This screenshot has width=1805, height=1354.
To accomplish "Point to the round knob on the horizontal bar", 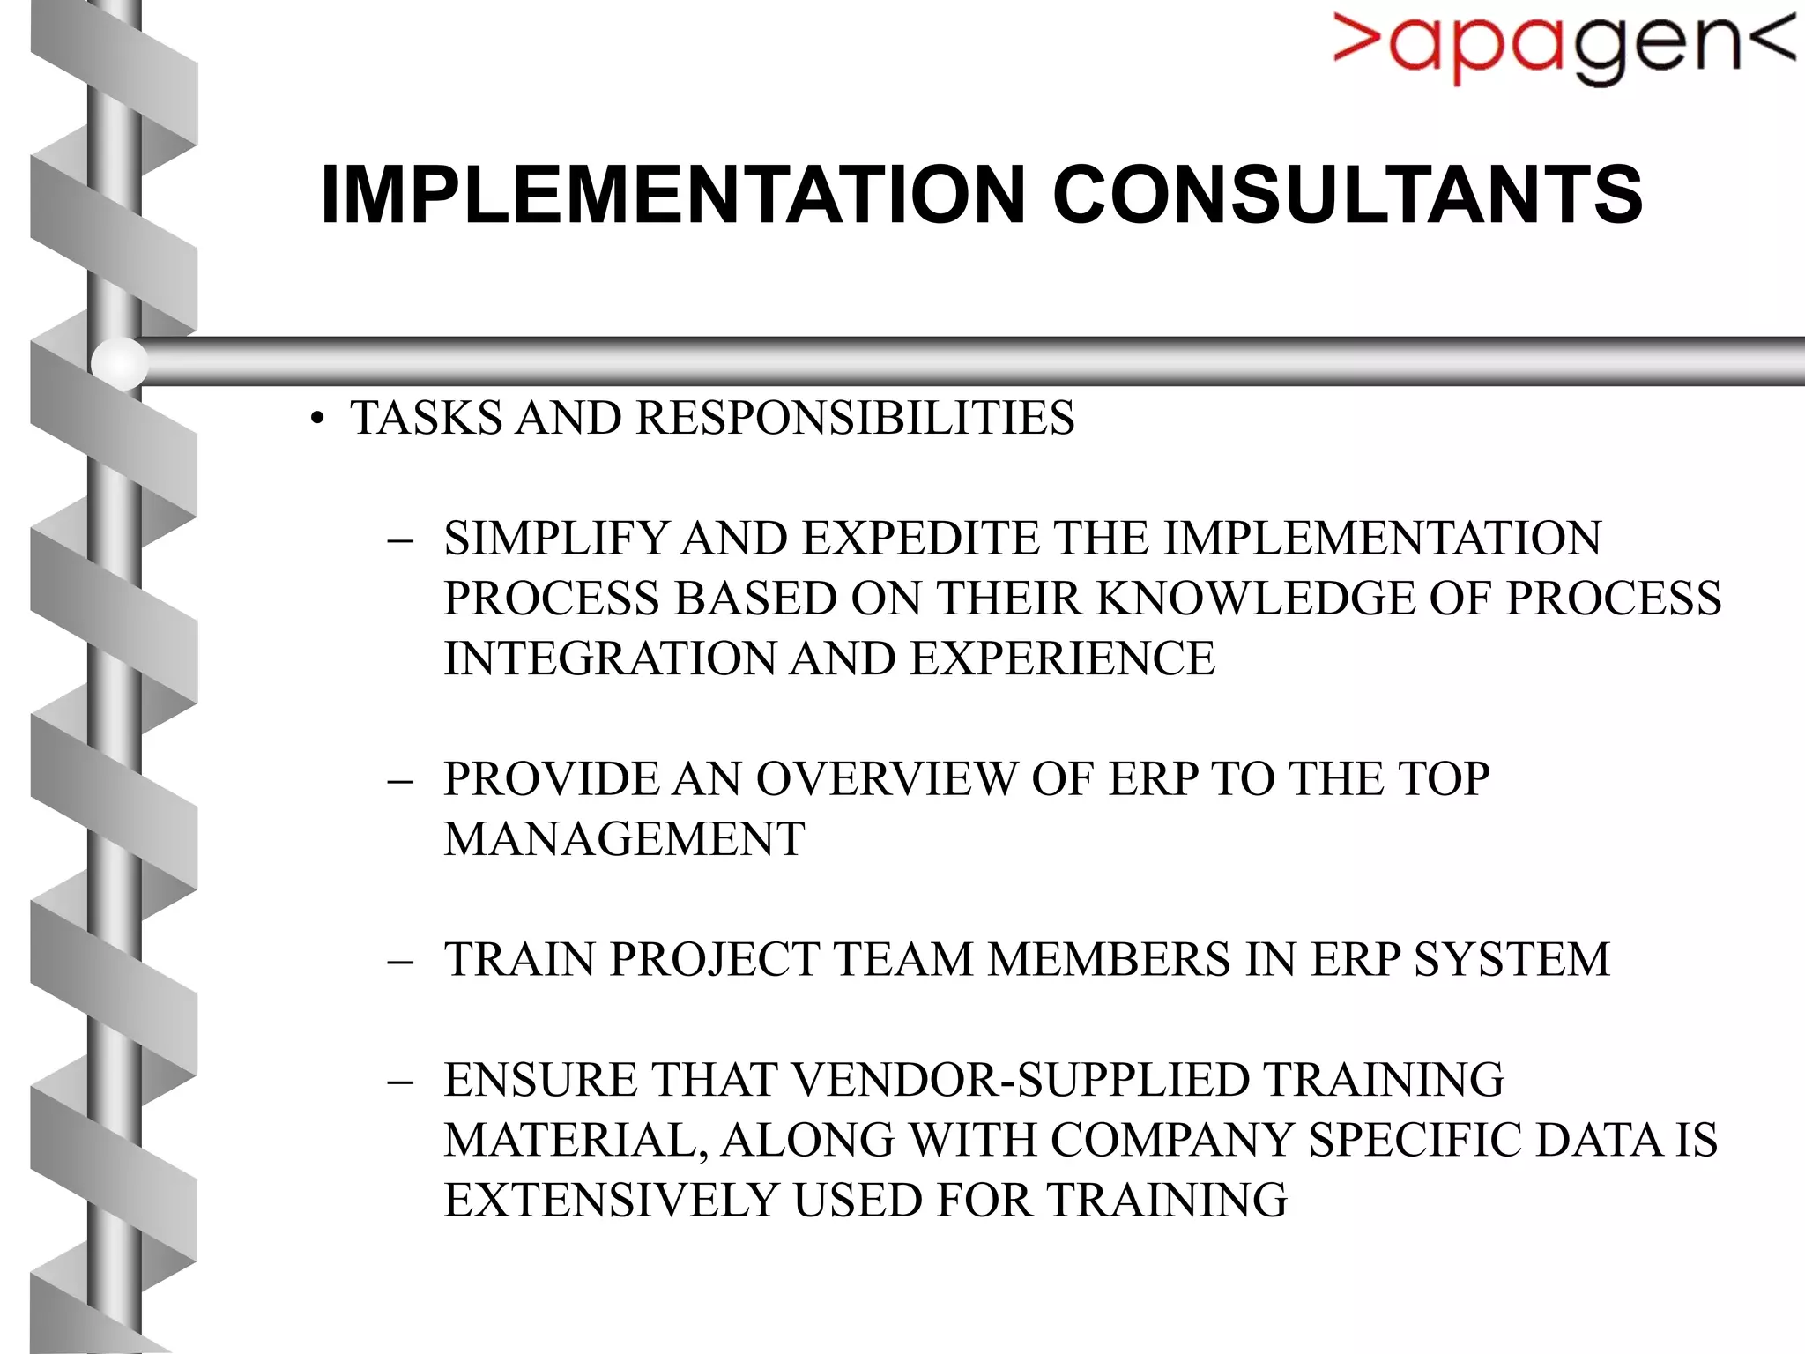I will click(119, 362).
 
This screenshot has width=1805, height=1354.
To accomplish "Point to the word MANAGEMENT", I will click(624, 839).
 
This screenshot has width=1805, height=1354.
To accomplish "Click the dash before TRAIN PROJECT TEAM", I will click(400, 961).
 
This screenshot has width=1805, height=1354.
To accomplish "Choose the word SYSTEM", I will click(1512, 960).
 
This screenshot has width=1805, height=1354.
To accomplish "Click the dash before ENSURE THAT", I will click(400, 1082).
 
